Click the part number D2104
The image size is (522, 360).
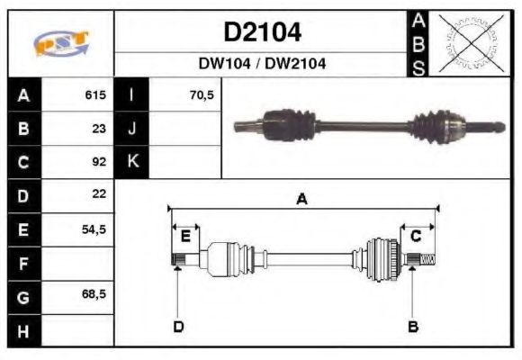[x=262, y=33]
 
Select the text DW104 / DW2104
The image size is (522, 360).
[x=262, y=63]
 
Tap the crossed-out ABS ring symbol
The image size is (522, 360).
[x=466, y=42]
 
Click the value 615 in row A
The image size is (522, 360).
[x=95, y=94]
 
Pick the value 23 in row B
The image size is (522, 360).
[x=99, y=128]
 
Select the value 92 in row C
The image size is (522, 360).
[x=99, y=162]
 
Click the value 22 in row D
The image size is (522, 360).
[x=99, y=194]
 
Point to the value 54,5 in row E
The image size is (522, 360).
[x=94, y=229]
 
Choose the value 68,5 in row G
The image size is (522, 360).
[x=94, y=295]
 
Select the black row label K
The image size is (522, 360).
[x=132, y=162]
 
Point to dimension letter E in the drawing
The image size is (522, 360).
[x=184, y=237]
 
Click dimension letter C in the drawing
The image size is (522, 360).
[x=416, y=236]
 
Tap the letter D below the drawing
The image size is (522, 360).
[x=178, y=326]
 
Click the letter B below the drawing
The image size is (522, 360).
[x=413, y=326]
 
